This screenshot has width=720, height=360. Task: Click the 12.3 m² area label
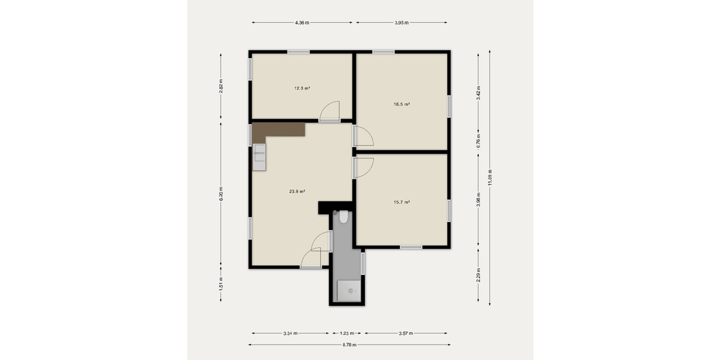[302, 88]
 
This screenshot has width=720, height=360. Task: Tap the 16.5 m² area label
[401, 104]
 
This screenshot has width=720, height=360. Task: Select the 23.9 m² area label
[297, 191]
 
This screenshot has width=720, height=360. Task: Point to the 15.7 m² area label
[401, 202]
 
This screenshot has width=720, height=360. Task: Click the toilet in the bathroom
[343, 217]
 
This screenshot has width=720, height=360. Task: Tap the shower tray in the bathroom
[349, 290]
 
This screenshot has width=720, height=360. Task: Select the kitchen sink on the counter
[259, 157]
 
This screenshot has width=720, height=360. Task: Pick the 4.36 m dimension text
[302, 23]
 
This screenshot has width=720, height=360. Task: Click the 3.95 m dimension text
[401, 23]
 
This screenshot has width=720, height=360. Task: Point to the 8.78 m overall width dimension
[349, 345]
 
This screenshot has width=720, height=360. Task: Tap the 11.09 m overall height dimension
[490, 178]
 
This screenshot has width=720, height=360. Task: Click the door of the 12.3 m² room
[330, 112]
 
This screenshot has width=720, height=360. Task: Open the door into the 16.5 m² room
[363, 137]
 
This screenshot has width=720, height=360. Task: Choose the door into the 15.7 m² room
[363, 167]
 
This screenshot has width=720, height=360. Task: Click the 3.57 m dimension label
[405, 333]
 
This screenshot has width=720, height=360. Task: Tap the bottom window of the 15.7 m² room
[411, 247]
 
